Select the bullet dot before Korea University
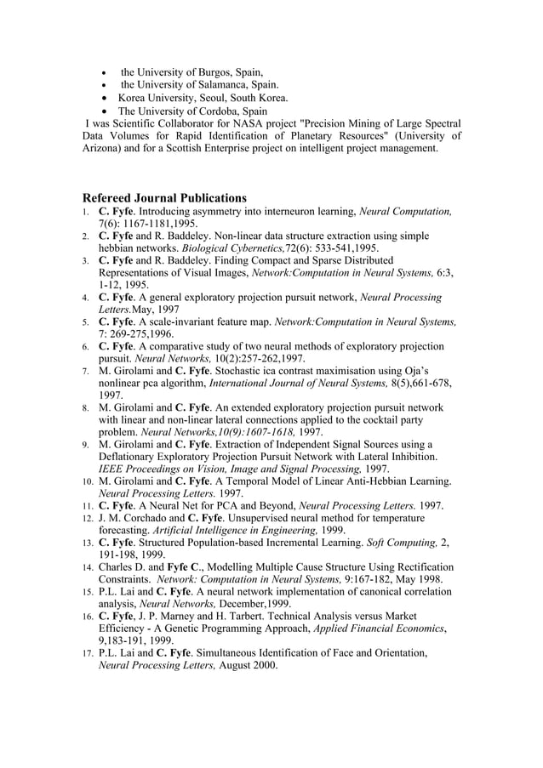coord(104,98)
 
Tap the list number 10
coord(88,481)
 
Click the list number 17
coord(88,653)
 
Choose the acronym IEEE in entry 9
coord(114,469)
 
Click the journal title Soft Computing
coord(400,543)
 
